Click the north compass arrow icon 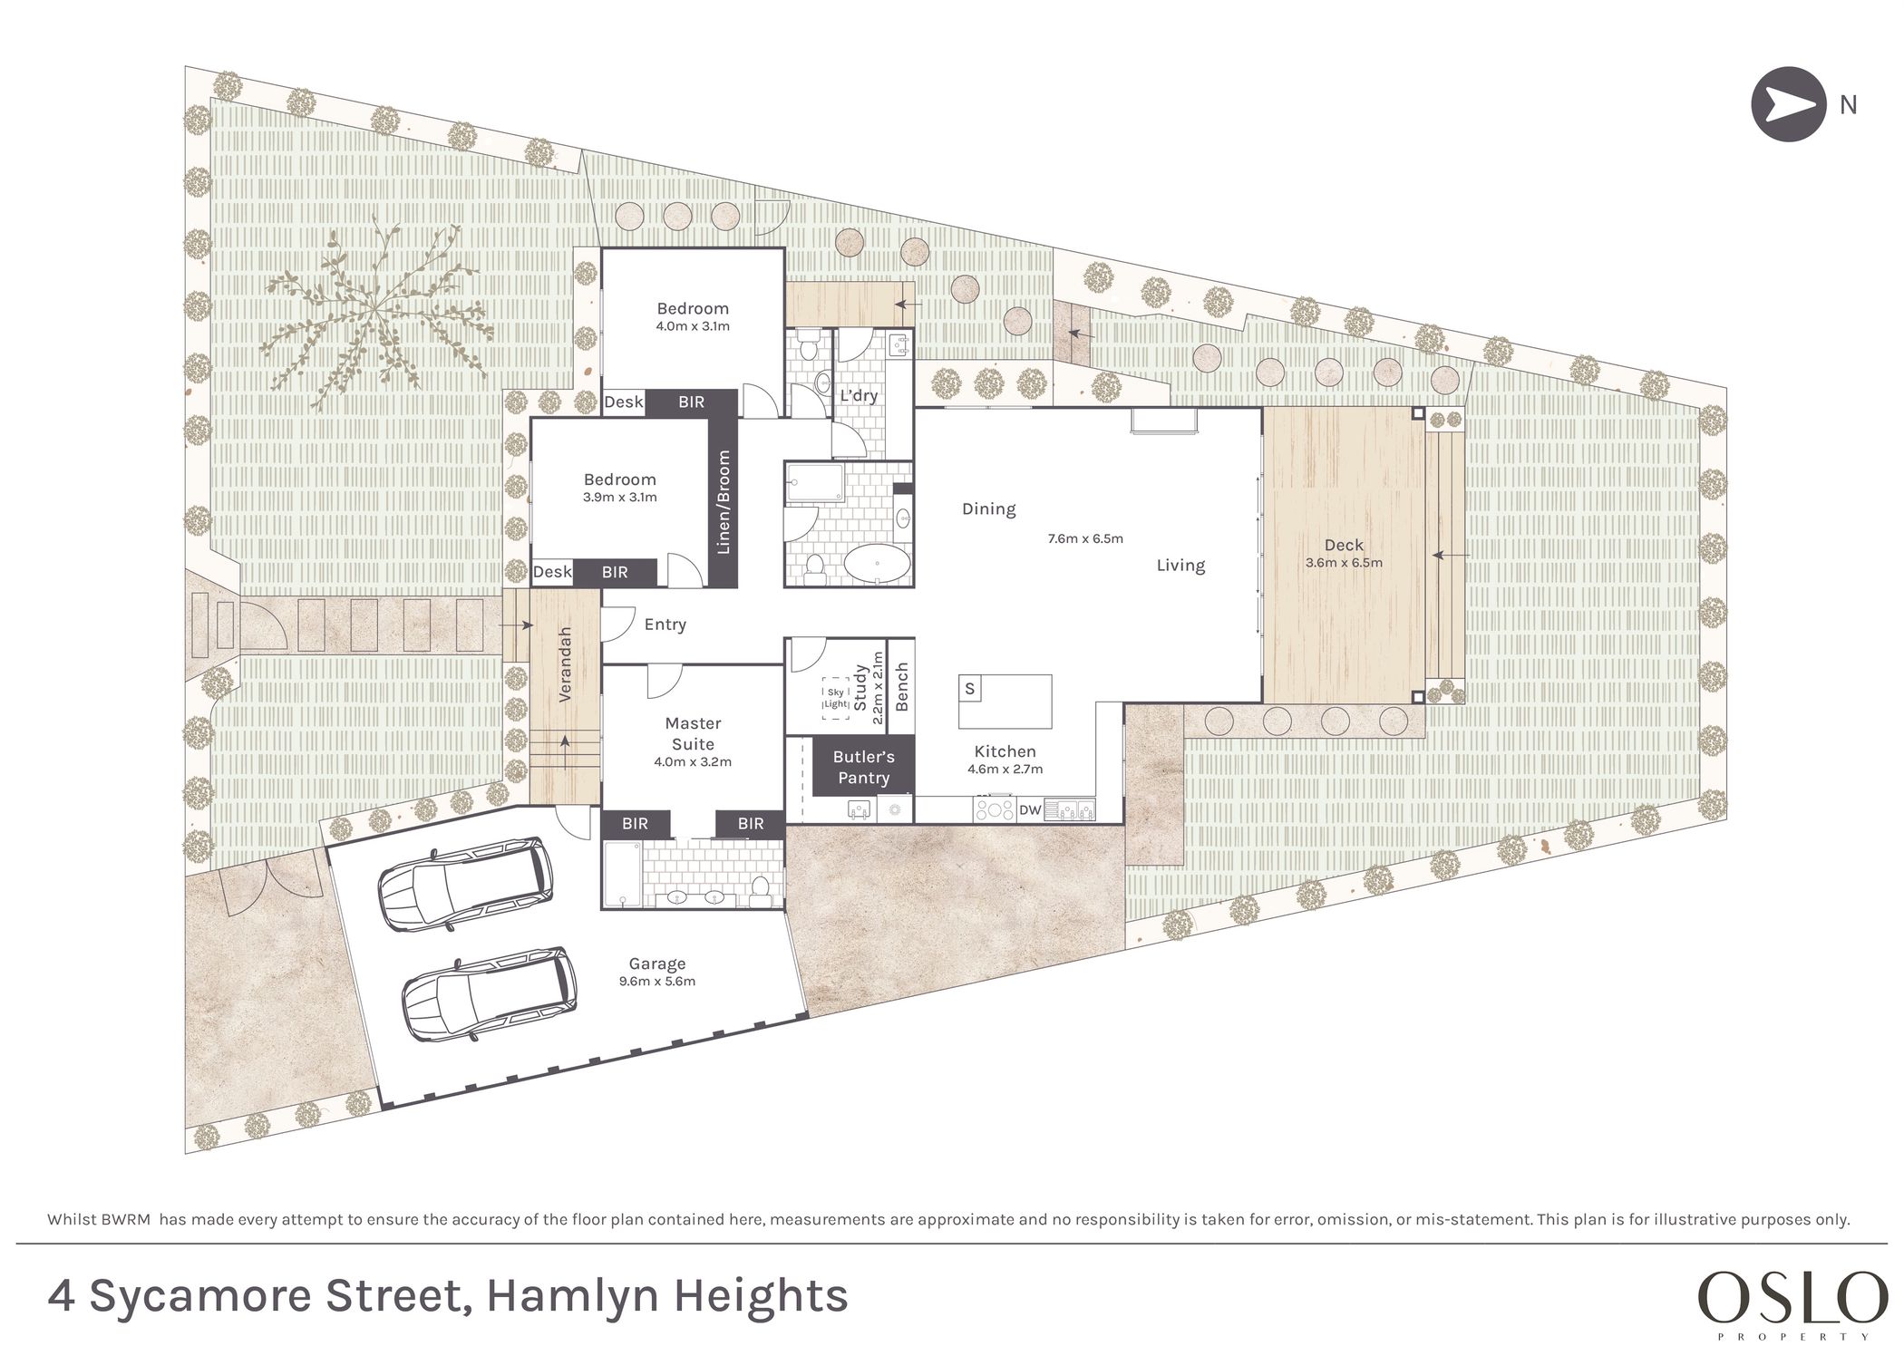click(1788, 104)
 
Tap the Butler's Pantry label click(863, 767)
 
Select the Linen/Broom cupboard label click(724, 502)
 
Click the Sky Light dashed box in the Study click(836, 698)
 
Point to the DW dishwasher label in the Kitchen click(1030, 809)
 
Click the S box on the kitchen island click(969, 688)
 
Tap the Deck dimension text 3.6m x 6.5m click(1344, 562)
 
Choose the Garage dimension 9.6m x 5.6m click(657, 981)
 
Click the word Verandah click(565, 664)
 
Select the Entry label click(665, 625)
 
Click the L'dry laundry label click(859, 395)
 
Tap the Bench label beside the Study click(901, 687)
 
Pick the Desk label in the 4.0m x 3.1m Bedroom click(624, 402)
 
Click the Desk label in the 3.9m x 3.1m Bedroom click(552, 571)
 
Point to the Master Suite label click(693, 733)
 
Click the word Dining click(988, 509)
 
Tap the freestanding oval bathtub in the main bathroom click(877, 565)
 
